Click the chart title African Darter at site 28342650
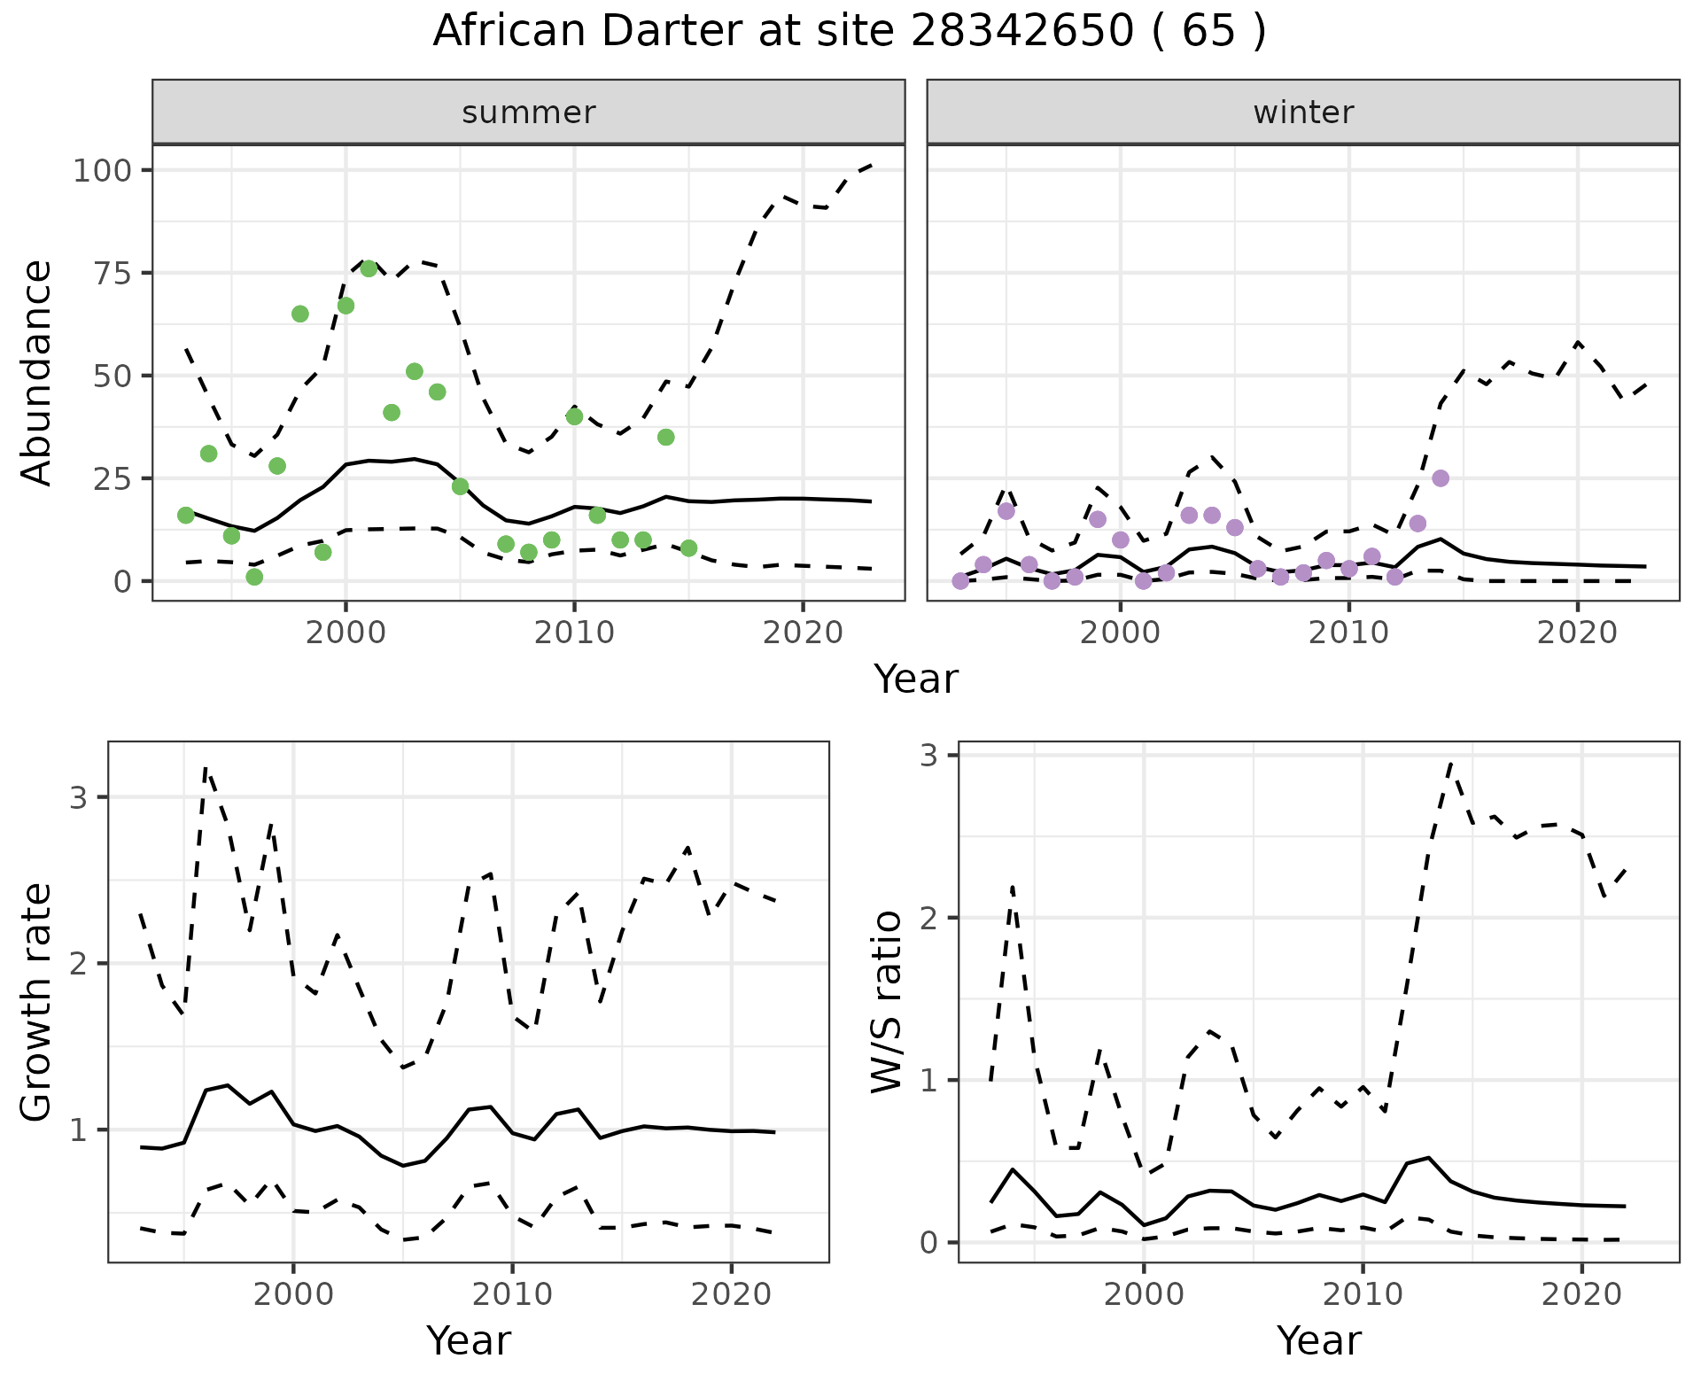849,32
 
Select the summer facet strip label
529,113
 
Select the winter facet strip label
1303,113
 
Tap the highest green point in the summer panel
369,268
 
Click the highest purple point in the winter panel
1441,478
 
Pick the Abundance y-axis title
37,372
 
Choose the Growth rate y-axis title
37,1001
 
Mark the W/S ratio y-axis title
887,1001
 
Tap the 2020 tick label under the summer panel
803,633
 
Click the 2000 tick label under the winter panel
1121,633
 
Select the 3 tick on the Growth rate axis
78,797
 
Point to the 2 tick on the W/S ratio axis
928,917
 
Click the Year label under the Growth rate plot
469,1341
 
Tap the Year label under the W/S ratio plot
1319,1341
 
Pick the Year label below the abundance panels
916,679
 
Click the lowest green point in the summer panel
254,577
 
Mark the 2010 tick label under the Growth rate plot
512,1294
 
